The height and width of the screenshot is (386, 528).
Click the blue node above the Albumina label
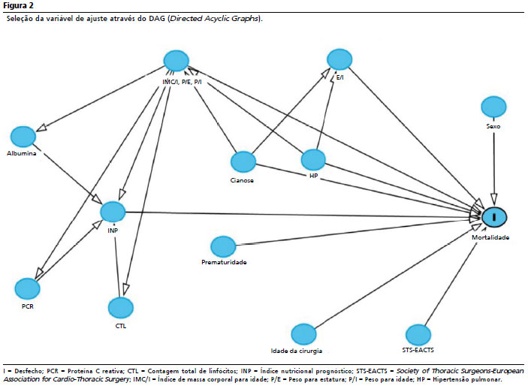coord(23,137)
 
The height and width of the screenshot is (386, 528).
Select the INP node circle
coord(113,213)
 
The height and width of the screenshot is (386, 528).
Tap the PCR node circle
coord(27,289)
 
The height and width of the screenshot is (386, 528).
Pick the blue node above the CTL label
coord(121,308)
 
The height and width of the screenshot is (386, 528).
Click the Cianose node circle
coord(243,162)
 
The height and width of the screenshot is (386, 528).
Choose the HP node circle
coord(313,160)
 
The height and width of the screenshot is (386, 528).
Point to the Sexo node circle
coord(493,107)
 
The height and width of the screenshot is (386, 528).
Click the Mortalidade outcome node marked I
coord(494,217)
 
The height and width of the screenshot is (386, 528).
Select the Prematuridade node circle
coord(223,246)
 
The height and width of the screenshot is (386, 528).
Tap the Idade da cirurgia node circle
coord(303,334)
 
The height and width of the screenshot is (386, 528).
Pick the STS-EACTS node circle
coord(418,335)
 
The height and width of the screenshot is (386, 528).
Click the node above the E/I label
coord(339,59)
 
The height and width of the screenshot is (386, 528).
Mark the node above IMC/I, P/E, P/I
coord(176,61)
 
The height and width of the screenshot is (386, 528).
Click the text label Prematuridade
coord(224,262)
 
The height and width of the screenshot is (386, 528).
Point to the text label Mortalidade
coord(490,237)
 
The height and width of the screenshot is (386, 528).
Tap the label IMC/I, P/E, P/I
coord(183,82)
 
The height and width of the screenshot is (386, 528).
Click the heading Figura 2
coord(18,5)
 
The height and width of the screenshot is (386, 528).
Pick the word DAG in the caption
coord(156,19)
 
